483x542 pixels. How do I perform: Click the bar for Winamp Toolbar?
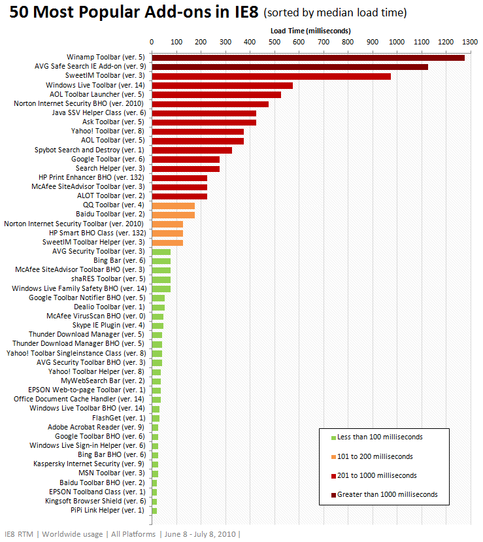point(307,58)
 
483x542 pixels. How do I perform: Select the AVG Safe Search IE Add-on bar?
point(290,67)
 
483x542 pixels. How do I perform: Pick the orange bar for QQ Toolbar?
point(173,205)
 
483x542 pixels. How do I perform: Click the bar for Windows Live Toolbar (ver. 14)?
point(222,85)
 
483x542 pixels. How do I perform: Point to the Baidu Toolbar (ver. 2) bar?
point(173,214)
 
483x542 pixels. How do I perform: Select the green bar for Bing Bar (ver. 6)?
point(161,260)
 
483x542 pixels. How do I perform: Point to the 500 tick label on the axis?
point(275,42)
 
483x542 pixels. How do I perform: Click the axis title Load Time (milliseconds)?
point(310,31)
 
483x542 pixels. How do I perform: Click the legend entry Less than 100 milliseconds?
point(380,437)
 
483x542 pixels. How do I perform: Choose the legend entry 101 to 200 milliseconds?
point(375,456)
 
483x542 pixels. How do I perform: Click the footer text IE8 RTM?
point(18,534)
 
